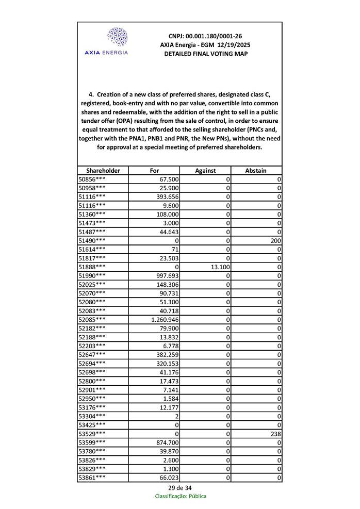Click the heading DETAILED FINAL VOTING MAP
click(x=205, y=54)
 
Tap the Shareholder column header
click(x=103, y=170)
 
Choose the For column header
click(x=154, y=170)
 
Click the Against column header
click(x=205, y=170)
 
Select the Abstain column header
click(x=256, y=170)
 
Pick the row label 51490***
click(x=92, y=240)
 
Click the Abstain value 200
click(x=275, y=240)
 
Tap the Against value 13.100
click(x=218, y=267)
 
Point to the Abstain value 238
click(x=275, y=434)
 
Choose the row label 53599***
click(x=92, y=442)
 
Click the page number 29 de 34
click(x=180, y=488)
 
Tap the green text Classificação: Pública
click(x=181, y=496)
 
